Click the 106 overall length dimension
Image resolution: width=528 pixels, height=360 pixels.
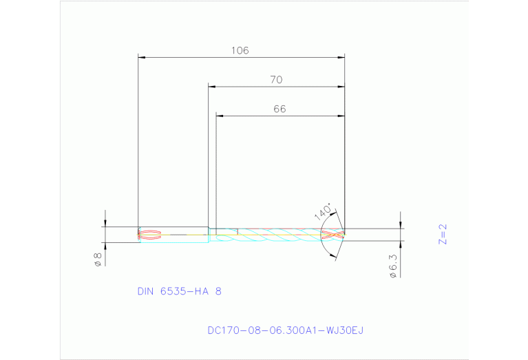click(240, 50)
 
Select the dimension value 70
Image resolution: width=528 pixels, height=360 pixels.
click(275, 80)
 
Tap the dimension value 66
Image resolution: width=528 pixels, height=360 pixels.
click(279, 109)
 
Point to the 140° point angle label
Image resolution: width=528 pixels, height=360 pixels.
click(323, 211)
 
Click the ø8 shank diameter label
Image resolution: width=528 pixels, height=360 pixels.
click(98, 260)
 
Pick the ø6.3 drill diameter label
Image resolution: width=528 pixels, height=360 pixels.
click(393, 265)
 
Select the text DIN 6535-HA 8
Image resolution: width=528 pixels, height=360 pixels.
click(179, 291)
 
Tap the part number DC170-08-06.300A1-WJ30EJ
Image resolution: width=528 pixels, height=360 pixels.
click(285, 330)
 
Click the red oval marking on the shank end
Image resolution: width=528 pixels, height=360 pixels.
click(151, 234)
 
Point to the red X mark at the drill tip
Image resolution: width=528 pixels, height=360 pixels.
click(331, 235)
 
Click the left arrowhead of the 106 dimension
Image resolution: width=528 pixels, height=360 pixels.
click(142, 57)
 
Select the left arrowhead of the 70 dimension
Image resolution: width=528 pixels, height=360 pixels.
click(212, 87)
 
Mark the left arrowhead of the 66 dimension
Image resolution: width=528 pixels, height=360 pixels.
click(220, 116)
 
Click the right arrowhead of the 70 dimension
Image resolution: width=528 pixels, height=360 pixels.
click(341, 87)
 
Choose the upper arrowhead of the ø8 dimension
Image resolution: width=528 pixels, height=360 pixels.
click(105, 223)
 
